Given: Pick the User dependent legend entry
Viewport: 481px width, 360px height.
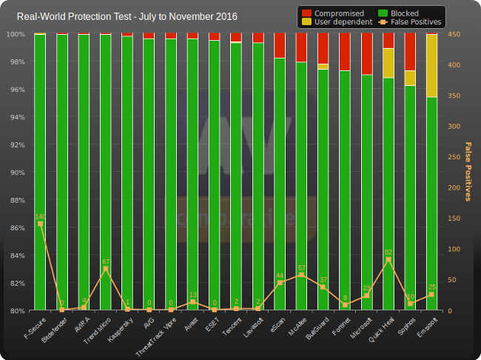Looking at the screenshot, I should pyautogui.click(x=341, y=22).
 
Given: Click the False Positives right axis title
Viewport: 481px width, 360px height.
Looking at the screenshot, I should pyautogui.click(x=468, y=171).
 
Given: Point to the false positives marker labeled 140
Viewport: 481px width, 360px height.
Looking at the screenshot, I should pyautogui.click(x=40, y=224).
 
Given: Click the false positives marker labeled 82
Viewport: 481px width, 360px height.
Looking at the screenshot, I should pyautogui.click(x=388, y=260).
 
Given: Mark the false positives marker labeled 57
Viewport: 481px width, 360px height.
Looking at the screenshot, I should pyautogui.click(x=301, y=275).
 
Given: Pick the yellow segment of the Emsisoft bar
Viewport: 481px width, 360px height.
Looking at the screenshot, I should pyautogui.click(x=432, y=66).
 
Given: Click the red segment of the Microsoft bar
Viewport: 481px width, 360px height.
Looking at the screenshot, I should pyautogui.click(x=367, y=54).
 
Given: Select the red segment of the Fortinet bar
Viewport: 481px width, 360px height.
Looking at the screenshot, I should pyautogui.click(x=345, y=52).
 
